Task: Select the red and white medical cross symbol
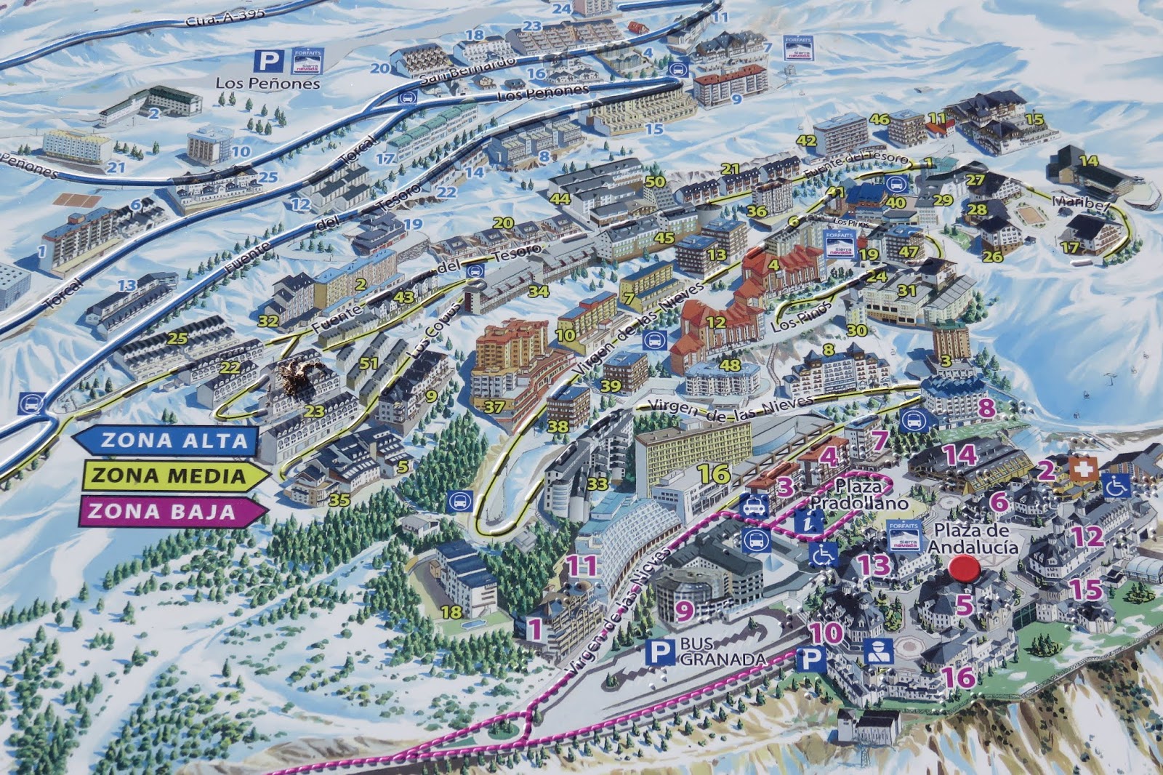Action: point(1083,469)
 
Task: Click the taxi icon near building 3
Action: point(754,505)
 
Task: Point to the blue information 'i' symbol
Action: point(809,520)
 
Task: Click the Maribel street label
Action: point(1080,204)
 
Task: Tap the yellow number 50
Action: point(655,181)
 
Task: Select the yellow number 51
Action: point(369,364)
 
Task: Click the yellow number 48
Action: point(729,366)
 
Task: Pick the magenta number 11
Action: point(581,565)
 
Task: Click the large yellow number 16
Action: point(713,474)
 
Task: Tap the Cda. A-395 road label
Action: point(225,15)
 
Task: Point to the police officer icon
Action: point(877,652)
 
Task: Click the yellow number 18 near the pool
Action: point(451,611)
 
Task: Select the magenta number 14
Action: point(959,455)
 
